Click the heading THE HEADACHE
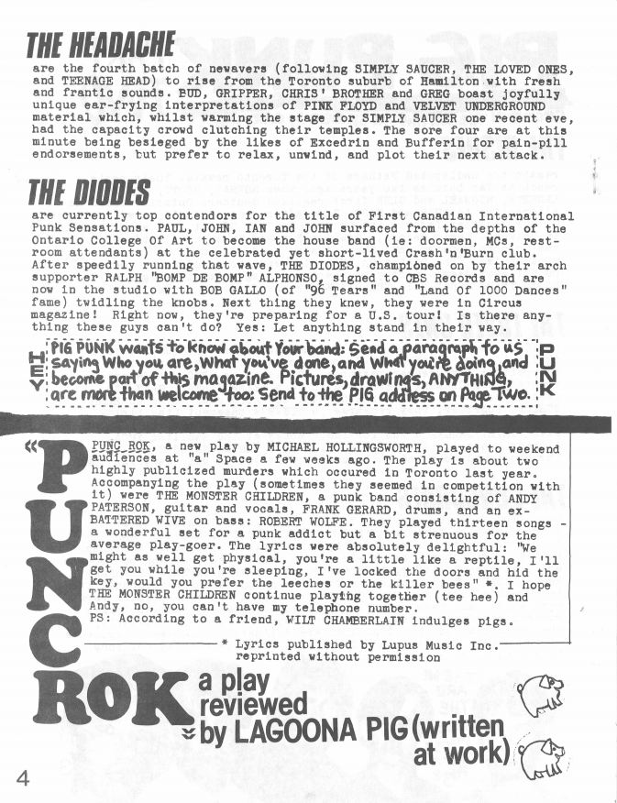tap(101, 44)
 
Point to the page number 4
tap(21, 777)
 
